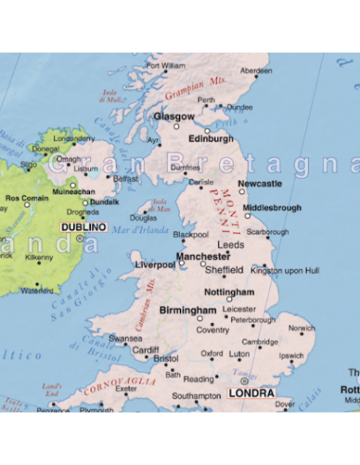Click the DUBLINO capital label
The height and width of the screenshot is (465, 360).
[83, 227]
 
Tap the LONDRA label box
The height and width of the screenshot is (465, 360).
[251, 393]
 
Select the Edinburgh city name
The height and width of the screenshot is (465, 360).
[211, 139]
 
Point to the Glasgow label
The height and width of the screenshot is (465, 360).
[174, 116]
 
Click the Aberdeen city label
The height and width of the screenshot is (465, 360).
[256, 71]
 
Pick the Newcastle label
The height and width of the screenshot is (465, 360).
[260, 184]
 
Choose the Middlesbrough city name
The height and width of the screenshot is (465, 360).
[272, 208]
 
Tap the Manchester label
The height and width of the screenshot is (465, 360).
[203, 256]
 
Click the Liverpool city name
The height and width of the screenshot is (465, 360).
[155, 264]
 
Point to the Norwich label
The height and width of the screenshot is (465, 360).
[301, 328]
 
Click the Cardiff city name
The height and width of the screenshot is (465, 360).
[146, 350]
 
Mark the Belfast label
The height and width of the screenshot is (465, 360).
[126, 179]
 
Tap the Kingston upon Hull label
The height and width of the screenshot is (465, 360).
[284, 271]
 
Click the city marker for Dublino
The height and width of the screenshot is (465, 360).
[80, 237]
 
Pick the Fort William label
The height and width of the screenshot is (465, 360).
[166, 65]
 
